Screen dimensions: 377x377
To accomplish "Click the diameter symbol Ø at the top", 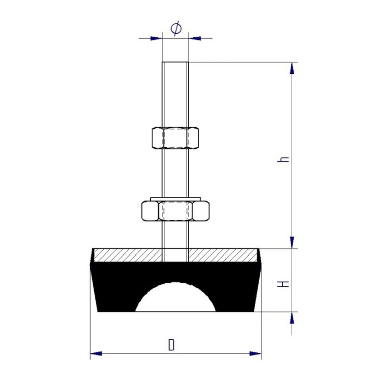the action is click(176, 29).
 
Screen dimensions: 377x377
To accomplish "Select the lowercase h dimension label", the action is click(283, 159).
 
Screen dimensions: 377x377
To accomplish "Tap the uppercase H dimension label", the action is click(283, 284).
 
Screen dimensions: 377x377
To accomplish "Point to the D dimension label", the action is click(171, 345).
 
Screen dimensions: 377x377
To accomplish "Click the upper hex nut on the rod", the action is click(175, 138).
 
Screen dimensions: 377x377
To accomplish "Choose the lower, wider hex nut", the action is click(175, 211).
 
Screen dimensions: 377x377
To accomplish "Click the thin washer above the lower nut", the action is click(175, 198).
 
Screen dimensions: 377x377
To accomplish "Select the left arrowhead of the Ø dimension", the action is click(156, 38).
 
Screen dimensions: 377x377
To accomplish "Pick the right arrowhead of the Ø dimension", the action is click(195, 38).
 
